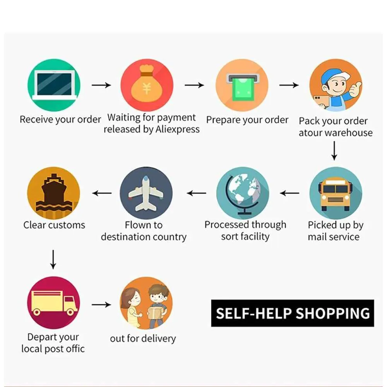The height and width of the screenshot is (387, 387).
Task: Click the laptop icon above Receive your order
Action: pos(54,85)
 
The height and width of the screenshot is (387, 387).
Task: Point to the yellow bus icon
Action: pos(336,195)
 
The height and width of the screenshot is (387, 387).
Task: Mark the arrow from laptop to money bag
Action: pos(101,85)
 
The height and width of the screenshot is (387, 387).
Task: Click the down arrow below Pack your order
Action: pos(334,151)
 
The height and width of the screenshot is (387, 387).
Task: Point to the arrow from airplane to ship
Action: pos(102,193)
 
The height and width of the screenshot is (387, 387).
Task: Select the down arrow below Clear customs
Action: pos(53,259)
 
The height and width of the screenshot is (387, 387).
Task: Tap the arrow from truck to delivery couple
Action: pos(101,305)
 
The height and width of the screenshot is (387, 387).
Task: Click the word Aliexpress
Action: pos(178,130)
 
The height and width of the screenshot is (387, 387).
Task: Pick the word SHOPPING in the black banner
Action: pos(333,313)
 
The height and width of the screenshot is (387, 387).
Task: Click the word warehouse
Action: pos(349,133)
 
